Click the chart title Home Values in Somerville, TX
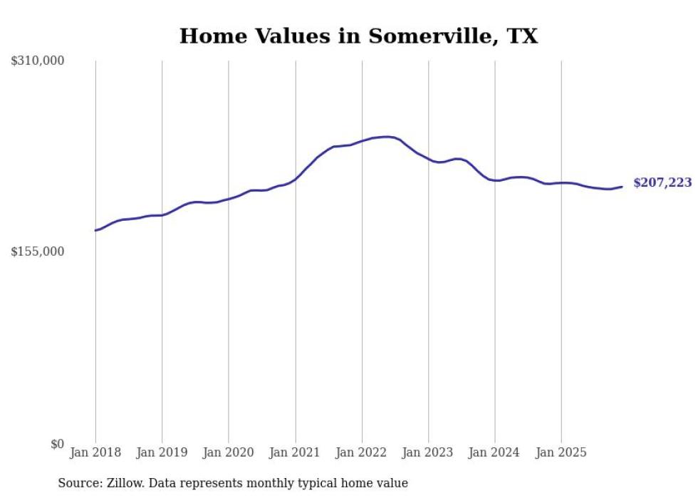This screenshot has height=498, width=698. click(358, 36)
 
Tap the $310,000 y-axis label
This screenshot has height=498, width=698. click(38, 61)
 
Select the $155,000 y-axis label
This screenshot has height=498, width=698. click(38, 251)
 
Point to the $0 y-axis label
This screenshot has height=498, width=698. click(57, 444)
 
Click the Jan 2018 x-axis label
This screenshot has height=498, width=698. click(95, 452)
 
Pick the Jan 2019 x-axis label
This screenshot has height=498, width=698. click(162, 452)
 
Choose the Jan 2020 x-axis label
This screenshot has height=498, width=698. click(229, 452)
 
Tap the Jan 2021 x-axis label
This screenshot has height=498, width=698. click(295, 452)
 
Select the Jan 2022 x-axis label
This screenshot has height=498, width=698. click(362, 452)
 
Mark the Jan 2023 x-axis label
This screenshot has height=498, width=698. click(428, 452)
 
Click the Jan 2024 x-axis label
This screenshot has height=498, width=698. click(495, 452)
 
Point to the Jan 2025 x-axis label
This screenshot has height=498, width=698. click(561, 452)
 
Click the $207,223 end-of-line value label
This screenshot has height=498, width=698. click(662, 183)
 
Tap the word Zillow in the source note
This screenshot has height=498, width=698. click(125, 483)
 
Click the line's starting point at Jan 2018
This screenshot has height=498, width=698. click(95, 230)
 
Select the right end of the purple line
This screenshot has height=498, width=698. click(622, 187)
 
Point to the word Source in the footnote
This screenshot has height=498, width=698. click(78, 483)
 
